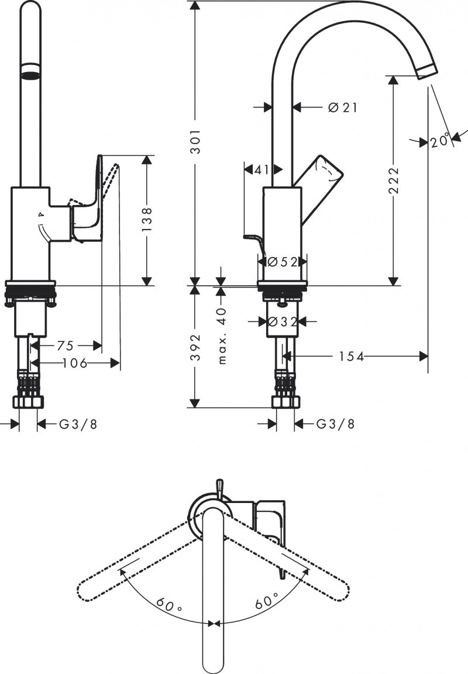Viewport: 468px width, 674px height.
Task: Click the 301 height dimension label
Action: click(x=198, y=141)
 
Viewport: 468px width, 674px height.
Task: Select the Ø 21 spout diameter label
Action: click(x=342, y=107)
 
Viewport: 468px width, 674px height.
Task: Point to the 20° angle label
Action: click(x=441, y=141)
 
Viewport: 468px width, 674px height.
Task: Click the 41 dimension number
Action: click(x=261, y=170)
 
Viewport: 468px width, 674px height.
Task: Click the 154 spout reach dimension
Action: click(x=350, y=356)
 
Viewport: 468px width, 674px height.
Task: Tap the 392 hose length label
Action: click(x=198, y=347)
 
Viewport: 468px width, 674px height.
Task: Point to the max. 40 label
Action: click(x=222, y=336)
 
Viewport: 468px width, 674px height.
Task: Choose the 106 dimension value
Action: click(x=74, y=364)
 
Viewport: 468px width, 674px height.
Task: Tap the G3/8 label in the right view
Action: click(x=335, y=424)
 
